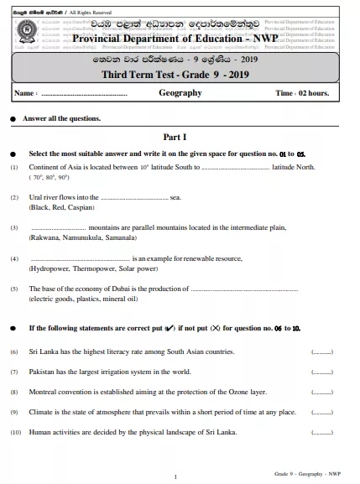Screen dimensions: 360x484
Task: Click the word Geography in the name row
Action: pyautogui.click(x=180, y=93)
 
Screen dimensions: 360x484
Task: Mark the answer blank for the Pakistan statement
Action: pyautogui.click(x=322, y=372)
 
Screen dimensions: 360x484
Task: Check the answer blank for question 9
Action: pyautogui.click(x=322, y=412)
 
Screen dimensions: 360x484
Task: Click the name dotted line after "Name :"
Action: pyautogui.click(x=84, y=94)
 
